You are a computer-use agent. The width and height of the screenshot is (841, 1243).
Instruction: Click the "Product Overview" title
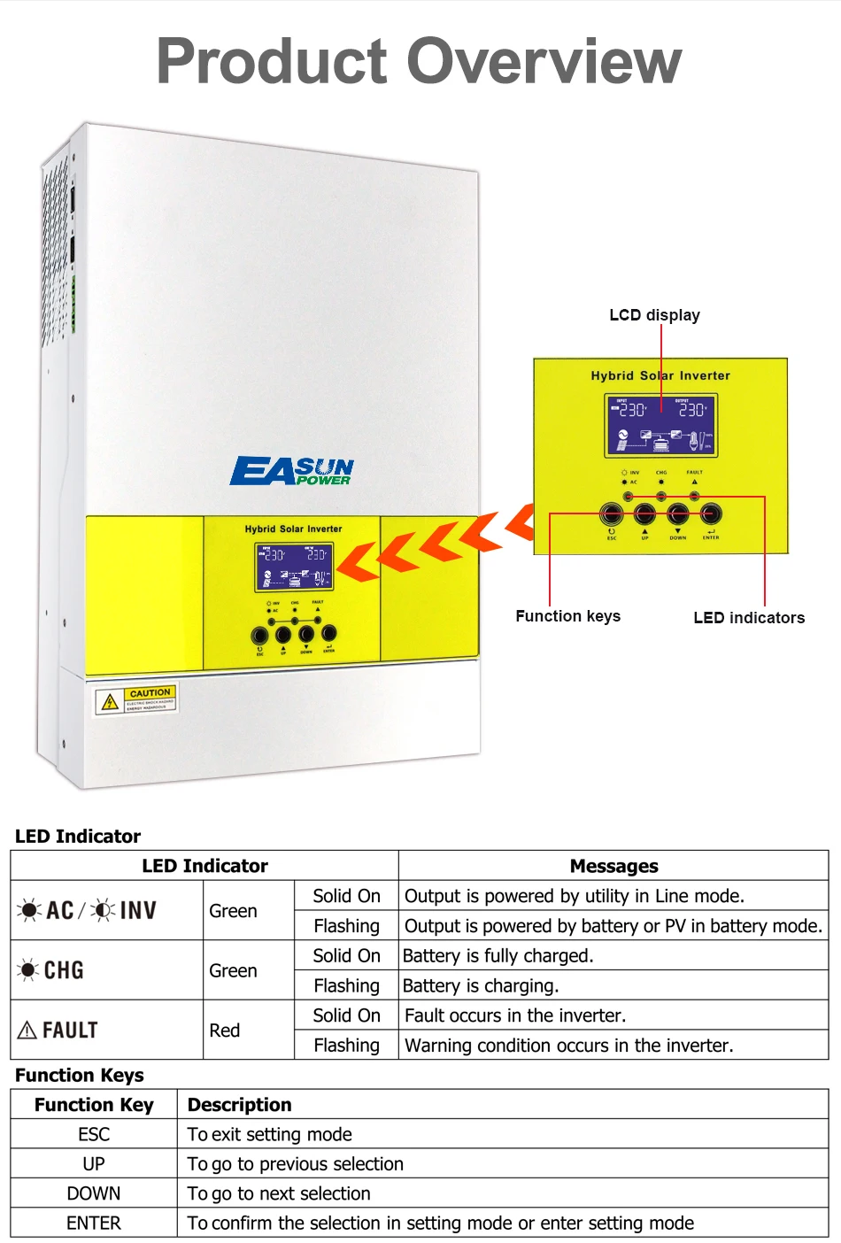tap(419, 61)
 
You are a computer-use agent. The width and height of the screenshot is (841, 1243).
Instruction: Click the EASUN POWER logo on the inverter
tap(292, 471)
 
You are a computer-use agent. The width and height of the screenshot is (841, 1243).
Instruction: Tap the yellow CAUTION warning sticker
tap(137, 699)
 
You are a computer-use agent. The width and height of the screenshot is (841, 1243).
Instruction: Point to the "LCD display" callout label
tap(654, 315)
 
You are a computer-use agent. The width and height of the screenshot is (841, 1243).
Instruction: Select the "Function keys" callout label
tap(567, 616)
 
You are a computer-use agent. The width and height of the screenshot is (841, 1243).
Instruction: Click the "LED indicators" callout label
tap(749, 618)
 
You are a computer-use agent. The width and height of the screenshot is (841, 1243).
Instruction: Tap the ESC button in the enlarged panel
tap(611, 513)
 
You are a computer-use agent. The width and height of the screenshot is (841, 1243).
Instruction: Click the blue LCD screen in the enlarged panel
tap(660, 425)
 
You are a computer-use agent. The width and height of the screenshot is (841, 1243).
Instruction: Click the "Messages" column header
tap(613, 866)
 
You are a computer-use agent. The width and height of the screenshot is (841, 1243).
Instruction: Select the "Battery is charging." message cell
tap(481, 985)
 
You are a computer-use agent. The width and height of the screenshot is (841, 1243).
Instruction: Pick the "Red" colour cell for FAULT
tap(225, 1031)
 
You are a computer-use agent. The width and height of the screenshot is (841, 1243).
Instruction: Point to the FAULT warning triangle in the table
tap(27, 1030)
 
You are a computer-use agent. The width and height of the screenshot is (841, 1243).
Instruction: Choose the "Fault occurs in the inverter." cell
tap(515, 1015)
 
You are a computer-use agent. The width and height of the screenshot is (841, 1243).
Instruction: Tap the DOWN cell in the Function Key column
tap(94, 1193)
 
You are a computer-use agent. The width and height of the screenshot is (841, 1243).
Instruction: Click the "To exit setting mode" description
tap(270, 1134)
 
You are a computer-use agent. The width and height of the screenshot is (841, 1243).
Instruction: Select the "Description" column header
tap(239, 1105)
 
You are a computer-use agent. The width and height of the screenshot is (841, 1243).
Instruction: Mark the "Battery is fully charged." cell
tap(498, 956)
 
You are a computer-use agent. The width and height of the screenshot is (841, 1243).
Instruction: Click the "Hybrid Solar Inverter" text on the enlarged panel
tap(660, 375)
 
